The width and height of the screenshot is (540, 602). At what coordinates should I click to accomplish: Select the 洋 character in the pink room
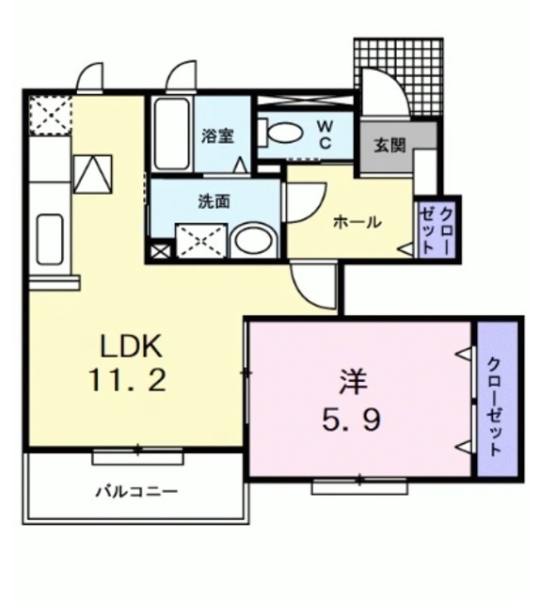353,383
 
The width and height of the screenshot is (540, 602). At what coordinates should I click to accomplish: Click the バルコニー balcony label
135,492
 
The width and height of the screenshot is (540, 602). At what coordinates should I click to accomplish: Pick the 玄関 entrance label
388,146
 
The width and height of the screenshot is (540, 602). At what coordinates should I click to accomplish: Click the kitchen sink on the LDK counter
49,239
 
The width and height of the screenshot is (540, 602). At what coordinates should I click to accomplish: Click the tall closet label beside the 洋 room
496,405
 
